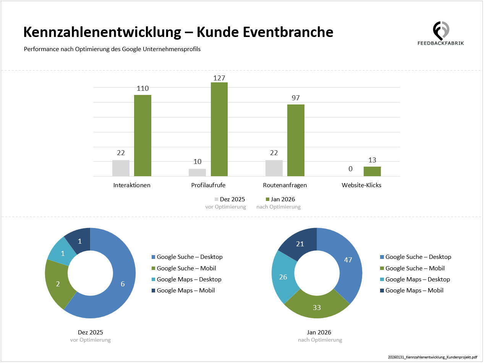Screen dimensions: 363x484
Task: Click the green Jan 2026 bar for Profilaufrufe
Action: point(219,129)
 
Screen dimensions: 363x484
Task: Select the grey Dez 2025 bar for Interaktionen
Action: point(121,168)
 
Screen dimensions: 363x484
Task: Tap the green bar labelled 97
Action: point(296,140)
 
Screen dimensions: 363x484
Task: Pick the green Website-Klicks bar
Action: point(372,172)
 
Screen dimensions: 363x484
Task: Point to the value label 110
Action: point(142,88)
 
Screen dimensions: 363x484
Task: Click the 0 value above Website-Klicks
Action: point(351,169)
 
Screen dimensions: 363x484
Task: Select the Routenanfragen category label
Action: point(285,185)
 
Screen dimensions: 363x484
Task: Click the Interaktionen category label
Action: point(132,185)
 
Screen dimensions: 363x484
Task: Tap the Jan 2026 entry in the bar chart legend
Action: point(280,199)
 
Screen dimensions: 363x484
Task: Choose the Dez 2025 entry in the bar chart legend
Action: point(230,199)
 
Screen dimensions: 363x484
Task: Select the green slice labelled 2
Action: point(58,284)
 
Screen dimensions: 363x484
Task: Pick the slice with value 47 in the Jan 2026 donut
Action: point(348,260)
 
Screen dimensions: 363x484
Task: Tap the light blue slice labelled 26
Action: point(283,277)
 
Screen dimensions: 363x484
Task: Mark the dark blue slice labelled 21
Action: point(300,244)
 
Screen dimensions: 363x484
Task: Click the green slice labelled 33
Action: point(317,307)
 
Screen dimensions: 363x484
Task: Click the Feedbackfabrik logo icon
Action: point(441,30)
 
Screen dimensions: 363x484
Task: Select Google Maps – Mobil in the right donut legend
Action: point(414,291)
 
